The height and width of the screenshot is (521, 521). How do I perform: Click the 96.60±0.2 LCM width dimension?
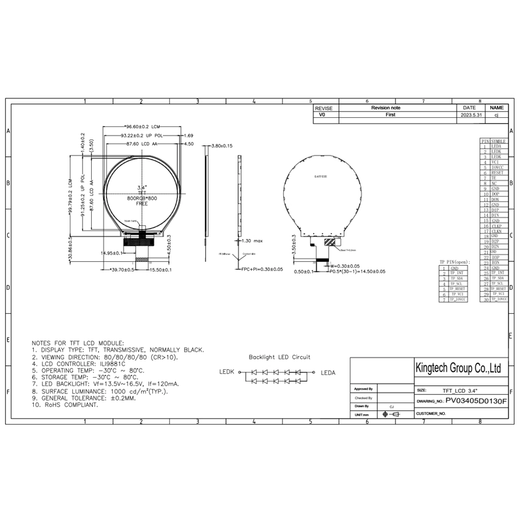click(x=142, y=127)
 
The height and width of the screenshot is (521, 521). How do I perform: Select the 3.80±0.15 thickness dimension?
click(x=222, y=146)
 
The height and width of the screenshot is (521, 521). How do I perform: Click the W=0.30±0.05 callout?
click(x=346, y=266)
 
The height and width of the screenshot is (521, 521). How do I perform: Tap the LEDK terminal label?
click(x=227, y=373)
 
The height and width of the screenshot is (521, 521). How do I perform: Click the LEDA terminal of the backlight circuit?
click(x=328, y=373)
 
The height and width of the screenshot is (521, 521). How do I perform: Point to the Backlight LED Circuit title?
click(x=279, y=357)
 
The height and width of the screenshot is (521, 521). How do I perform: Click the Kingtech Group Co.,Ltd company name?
click(x=458, y=369)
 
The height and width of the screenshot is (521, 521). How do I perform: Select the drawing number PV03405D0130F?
click(x=475, y=402)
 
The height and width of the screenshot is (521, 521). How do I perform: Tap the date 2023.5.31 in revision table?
click(x=470, y=115)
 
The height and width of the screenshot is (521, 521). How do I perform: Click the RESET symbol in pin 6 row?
click(x=498, y=173)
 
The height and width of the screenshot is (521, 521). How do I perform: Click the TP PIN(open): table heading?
click(x=458, y=261)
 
